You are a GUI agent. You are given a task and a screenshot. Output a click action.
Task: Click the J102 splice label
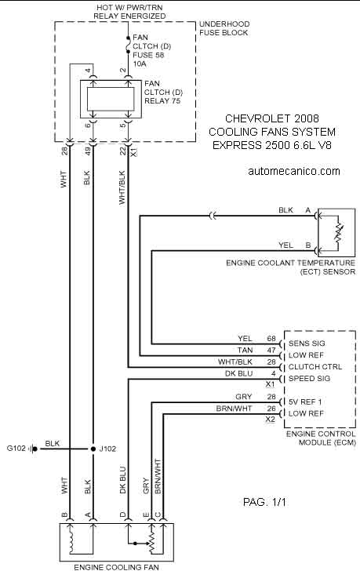tap(107, 449)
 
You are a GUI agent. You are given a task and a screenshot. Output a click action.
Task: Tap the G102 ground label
tap(16, 449)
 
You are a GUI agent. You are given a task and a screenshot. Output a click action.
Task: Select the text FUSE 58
tap(148, 55)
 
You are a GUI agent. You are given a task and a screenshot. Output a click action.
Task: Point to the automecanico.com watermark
tap(294, 171)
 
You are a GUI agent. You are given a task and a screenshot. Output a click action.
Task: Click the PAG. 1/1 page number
tap(264, 502)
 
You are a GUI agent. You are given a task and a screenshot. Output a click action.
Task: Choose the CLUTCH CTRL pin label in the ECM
tap(315, 367)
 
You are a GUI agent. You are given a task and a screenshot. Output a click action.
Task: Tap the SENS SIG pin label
tap(307, 344)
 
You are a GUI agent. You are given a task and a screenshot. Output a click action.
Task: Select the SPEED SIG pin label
tap(309, 378)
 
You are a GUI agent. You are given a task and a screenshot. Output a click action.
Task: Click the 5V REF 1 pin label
tap(306, 402)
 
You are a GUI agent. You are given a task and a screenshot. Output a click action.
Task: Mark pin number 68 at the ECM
tap(271, 338)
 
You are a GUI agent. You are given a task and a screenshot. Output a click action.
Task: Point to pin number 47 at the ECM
tap(271, 351)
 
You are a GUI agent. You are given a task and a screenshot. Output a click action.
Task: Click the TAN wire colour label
tap(245, 351)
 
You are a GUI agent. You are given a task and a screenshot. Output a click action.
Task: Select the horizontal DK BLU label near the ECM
tap(238, 374)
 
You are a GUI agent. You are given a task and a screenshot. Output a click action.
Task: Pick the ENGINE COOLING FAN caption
tap(116, 567)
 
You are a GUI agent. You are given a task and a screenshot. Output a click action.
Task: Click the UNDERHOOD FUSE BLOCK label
tap(224, 28)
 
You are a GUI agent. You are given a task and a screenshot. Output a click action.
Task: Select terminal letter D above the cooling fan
tap(123, 515)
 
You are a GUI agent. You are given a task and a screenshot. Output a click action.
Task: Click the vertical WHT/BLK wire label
tap(122, 187)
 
